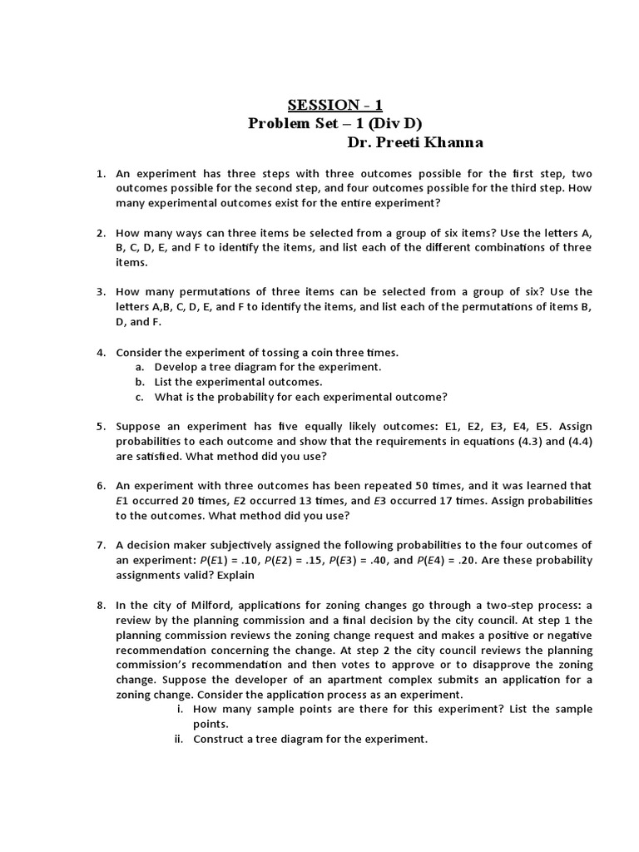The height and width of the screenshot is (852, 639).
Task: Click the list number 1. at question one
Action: (101, 173)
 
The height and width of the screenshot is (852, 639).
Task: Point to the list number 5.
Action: (101, 426)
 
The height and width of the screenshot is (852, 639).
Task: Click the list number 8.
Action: (101, 605)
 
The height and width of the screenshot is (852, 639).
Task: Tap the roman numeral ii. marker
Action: (178, 739)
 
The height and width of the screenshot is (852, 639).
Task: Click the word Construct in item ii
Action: (220, 739)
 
